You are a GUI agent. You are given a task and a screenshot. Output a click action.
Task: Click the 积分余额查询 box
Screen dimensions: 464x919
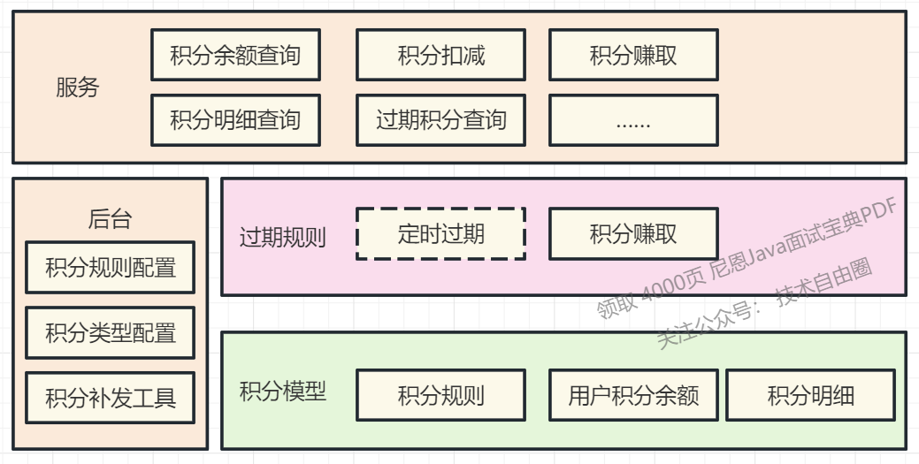pyautogui.click(x=235, y=55)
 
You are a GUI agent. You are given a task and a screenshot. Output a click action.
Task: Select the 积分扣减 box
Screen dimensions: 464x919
pyautogui.click(x=440, y=55)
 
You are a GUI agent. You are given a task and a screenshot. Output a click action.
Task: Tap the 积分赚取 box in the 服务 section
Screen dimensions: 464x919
pyautogui.click(x=633, y=55)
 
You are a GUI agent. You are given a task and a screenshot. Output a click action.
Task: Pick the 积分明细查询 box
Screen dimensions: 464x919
pyautogui.click(x=235, y=120)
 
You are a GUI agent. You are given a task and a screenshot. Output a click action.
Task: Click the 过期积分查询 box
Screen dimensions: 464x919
pyautogui.click(x=440, y=120)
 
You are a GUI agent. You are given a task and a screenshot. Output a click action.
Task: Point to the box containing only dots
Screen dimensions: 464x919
pyautogui.click(x=633, y=120)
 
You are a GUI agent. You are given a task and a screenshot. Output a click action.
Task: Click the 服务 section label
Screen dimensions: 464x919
pyautogui.click(x=78, y=87)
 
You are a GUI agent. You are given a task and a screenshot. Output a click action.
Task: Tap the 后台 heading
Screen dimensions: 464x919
pyautogui.click(x=111, y=218)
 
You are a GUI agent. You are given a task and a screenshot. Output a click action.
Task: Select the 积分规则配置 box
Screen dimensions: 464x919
pyautogui.click(x=111, y=267)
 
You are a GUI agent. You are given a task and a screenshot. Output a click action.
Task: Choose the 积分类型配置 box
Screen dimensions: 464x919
pyautogui.click(x=111, y=332)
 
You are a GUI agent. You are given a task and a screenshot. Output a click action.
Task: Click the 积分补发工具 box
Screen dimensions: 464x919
pyautogui.click(x=111, y=398)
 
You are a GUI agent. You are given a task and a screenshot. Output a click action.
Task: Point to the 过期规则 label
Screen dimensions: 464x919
pyautogui.click(x=283, y=237)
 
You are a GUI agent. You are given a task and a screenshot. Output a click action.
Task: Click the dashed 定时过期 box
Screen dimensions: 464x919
pyautogui.click(x=440, y=233)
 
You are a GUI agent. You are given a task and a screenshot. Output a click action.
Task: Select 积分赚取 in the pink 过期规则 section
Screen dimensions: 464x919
pyautogui.click(x=633, y=233)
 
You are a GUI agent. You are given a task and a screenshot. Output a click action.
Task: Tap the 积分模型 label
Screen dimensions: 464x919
pyautogui.click(x=283, y=392)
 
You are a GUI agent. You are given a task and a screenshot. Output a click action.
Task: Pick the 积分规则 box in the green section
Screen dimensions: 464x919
pyautogui.click(x=440, y=395)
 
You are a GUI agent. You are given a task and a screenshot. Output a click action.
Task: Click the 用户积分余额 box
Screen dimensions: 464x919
pyautogui.click(x=633, y=395)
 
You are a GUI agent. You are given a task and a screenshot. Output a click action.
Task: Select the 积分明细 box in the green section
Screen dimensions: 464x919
pyautogui.click(x=810, y=395)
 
